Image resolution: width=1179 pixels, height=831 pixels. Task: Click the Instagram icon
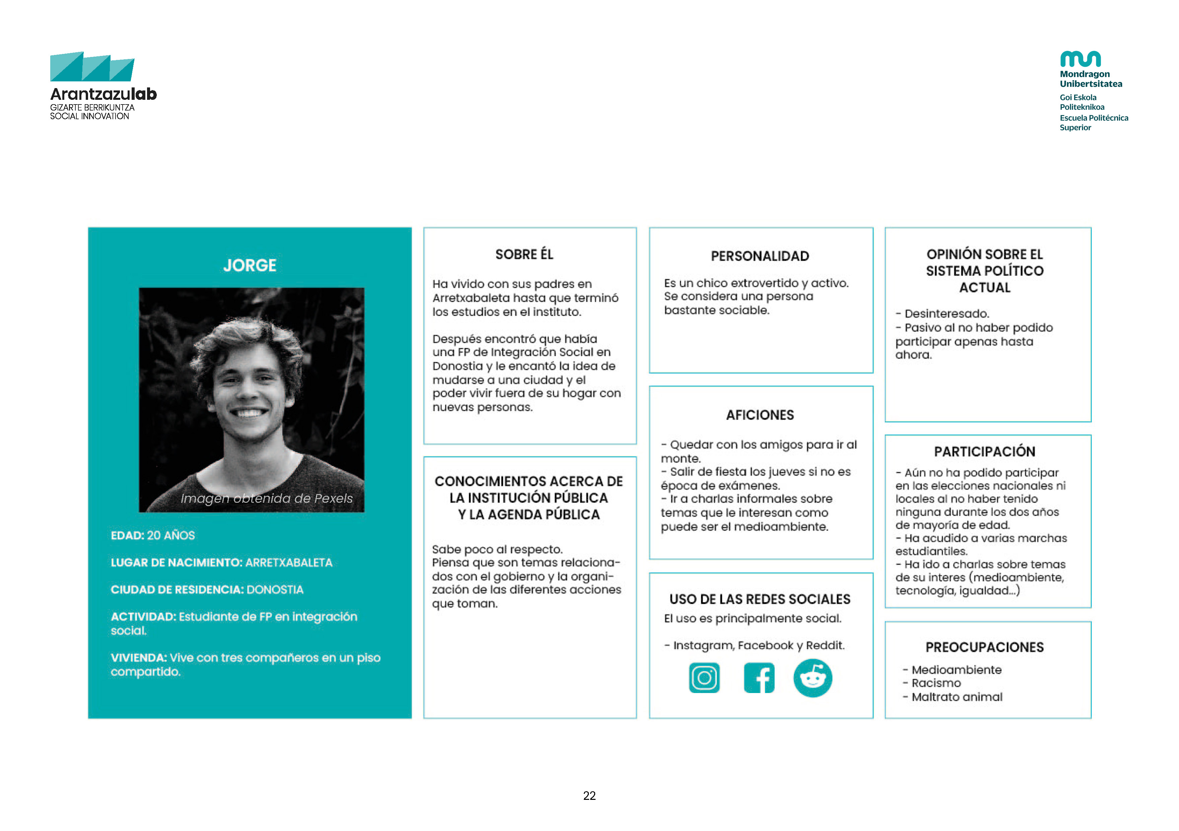click(x=704, y=678)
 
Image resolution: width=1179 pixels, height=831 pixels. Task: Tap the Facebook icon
click(x=759, y=678)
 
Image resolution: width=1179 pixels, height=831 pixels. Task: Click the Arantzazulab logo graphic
click(x=92, y=67)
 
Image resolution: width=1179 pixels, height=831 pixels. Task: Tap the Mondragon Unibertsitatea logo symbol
click(x=1081, y=59)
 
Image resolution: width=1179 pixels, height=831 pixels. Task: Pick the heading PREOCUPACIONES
click(x=984, y=647)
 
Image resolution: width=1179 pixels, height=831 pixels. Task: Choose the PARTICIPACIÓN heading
click(x=984, y=452)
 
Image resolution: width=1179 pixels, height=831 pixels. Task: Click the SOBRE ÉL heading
click(x=524, y=254)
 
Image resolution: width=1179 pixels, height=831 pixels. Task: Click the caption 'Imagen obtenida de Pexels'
click(x=267, y=498)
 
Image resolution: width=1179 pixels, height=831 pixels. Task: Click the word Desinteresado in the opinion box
click(x=947, y=314)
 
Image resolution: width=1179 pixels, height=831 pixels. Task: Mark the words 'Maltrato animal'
click(x=957, y=697)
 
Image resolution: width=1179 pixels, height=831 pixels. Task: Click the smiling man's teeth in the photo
click(x=249, y=412)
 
